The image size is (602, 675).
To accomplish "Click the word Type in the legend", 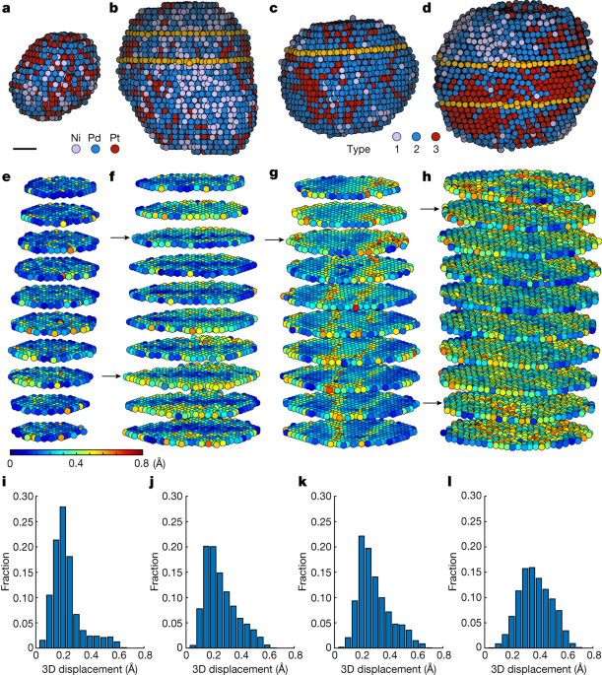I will pos(361,153).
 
